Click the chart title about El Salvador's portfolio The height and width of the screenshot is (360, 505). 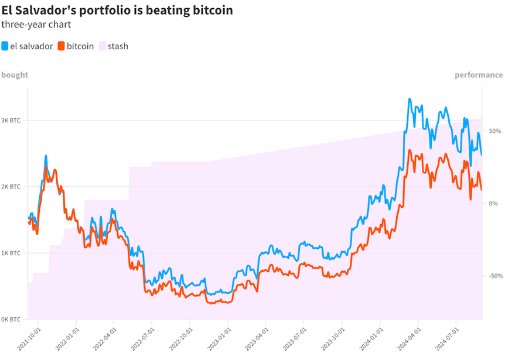pos(117,10)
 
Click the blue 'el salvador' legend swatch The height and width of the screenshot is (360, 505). pos(5,46)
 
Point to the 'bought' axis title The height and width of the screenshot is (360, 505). pos(15,75)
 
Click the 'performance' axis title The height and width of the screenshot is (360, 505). pos(478,75)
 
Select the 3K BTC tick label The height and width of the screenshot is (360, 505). pos(11,121)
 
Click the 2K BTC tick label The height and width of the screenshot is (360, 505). pos(11,187)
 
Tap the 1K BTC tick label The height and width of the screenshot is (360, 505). pos(11,253)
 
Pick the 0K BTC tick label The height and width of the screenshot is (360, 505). pos(11,320)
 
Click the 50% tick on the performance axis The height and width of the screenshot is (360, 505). pos(494,131)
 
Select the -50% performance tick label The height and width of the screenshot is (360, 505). pos(493,276)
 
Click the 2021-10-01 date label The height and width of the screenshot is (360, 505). pos(29,339)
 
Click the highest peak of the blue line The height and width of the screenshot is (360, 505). pos(410,100)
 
